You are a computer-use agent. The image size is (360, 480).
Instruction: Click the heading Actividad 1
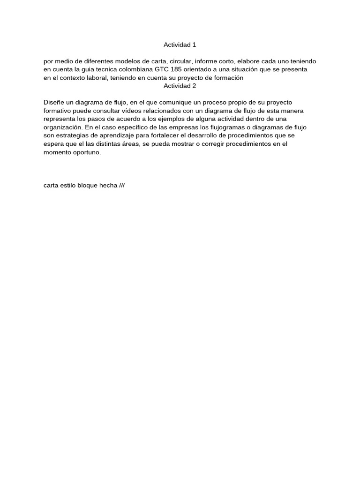click(x=180, y=45)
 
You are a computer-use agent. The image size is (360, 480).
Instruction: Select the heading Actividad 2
click(x=180, y=86)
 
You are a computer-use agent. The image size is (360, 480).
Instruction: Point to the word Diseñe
click(x=53, y=102)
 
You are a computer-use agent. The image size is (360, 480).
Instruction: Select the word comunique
click(x=176, y=102)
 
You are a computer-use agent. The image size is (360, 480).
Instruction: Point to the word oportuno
click(x=86, y=152)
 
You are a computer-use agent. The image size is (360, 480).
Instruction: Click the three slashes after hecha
click(x=122, y=185)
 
